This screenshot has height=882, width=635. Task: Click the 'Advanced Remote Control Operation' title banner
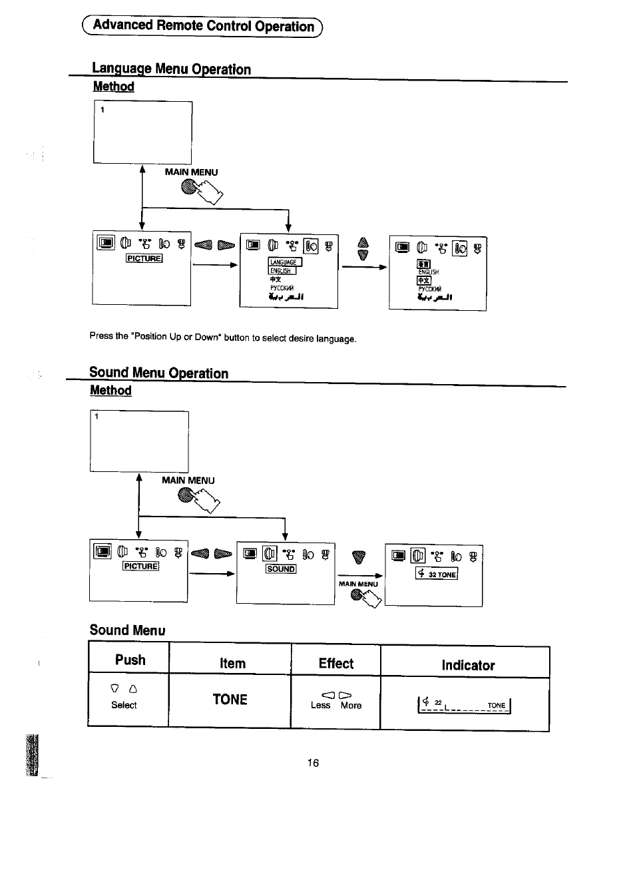coord(202,26)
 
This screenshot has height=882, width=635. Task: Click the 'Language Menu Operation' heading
coord(171,69)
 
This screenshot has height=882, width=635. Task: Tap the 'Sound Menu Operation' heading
coord(158,373)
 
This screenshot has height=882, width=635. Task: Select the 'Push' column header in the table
coord(130,660)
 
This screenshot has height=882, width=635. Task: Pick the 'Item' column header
coord(232,663)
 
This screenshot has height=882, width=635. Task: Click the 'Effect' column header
coord(335,663)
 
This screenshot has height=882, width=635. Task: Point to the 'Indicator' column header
coord(468,665)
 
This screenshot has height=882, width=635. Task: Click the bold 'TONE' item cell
coord(230,699)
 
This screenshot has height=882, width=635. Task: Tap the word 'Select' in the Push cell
coord(124,705)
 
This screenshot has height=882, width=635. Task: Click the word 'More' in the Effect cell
coord(351,706)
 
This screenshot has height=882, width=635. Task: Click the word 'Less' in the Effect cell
coord(320,706)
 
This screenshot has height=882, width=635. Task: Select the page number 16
coord(313,763)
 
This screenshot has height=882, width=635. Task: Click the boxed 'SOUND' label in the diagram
coord(281,569)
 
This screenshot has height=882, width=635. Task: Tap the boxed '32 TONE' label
coord(437,574)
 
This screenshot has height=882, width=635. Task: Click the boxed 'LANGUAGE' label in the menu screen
coord(284,262)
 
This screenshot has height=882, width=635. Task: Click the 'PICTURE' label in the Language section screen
coord(144,258)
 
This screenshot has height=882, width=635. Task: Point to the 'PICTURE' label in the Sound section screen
coord(140,566)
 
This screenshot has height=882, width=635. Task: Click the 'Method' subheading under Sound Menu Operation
coord(110,390)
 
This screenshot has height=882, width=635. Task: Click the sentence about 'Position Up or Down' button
coord(223,337)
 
